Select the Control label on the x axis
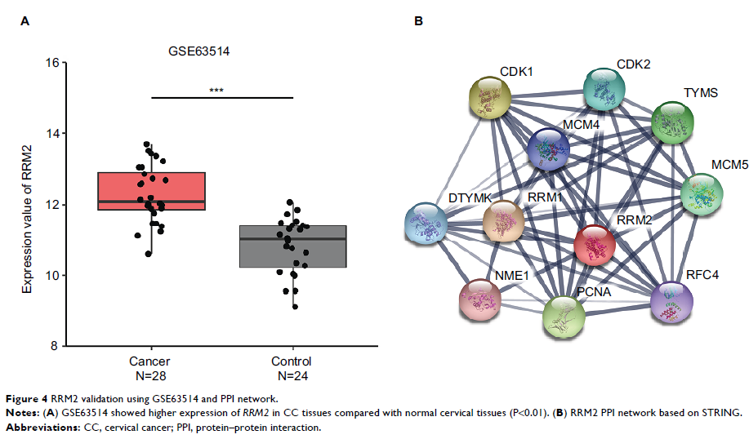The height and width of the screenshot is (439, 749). coord(292,361)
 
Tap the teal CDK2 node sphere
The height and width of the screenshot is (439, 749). coord(606,91)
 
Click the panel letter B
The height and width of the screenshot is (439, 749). coord(418,21)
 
